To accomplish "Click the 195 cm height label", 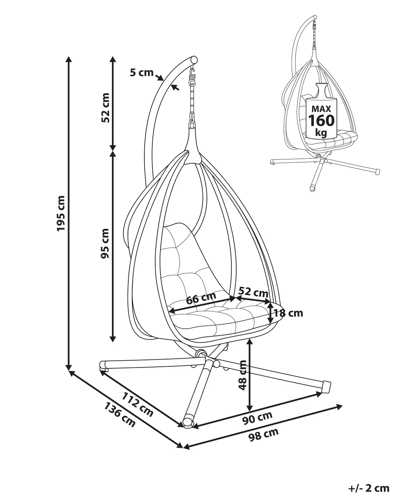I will click(x=61, y=213).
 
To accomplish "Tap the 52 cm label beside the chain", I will click(x=105, y=107).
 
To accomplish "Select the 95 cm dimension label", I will click(x=105, y=243).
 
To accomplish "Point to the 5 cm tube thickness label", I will click(x=142, y=73).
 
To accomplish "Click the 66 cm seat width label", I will click(x=201, y=298).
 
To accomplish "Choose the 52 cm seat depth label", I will click(x=253, y=291).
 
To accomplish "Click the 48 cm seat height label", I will click(x=243, y=375).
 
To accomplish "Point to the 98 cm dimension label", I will click(x=263, y=434).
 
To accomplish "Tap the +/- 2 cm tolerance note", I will click(x=369, y=488).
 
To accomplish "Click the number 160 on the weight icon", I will click(x=321, y=120).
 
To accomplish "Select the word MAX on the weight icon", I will click(x=321, y=109).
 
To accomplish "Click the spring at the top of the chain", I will click(x=192, y=74).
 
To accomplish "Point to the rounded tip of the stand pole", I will click(x=194, y=59).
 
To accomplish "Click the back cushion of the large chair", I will click(x=182, y=257).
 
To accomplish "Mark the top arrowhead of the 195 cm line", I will click(x=69, y=60).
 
